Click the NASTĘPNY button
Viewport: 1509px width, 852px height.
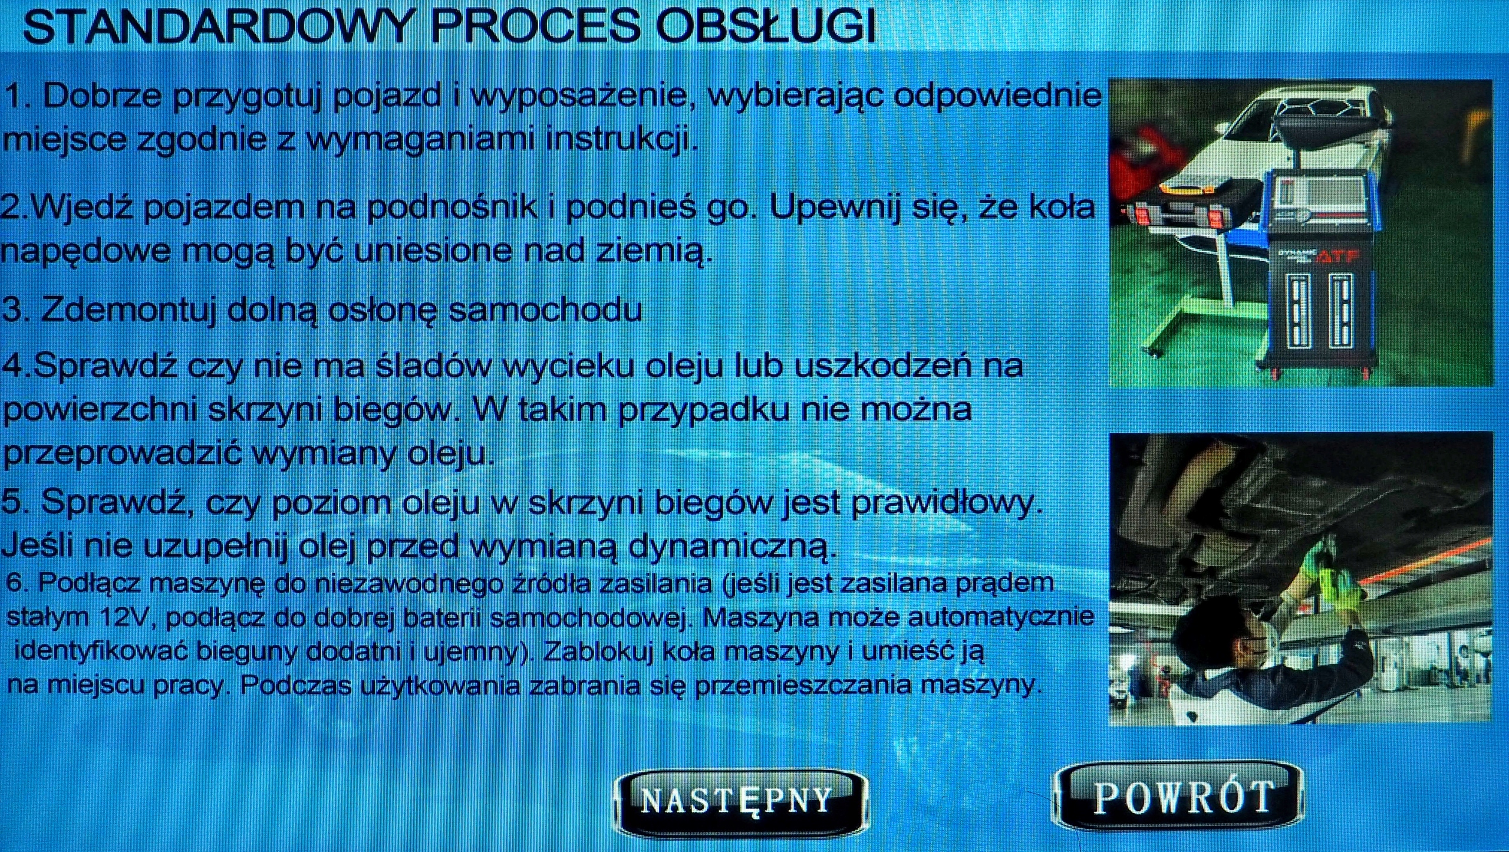point(740,800)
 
